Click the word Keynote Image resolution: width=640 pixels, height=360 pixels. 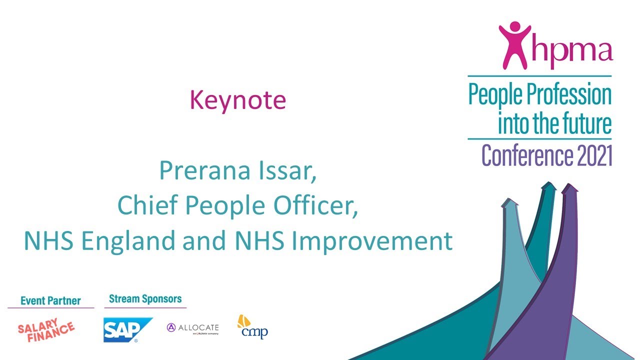(237, 100)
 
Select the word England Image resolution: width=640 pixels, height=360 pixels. (129, 241)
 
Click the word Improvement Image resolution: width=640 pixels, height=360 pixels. (372, 241)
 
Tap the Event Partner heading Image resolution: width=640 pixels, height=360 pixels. (50, 300)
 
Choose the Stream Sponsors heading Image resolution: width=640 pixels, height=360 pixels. (145, 299)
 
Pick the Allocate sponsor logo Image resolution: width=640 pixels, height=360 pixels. (193, 328)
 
